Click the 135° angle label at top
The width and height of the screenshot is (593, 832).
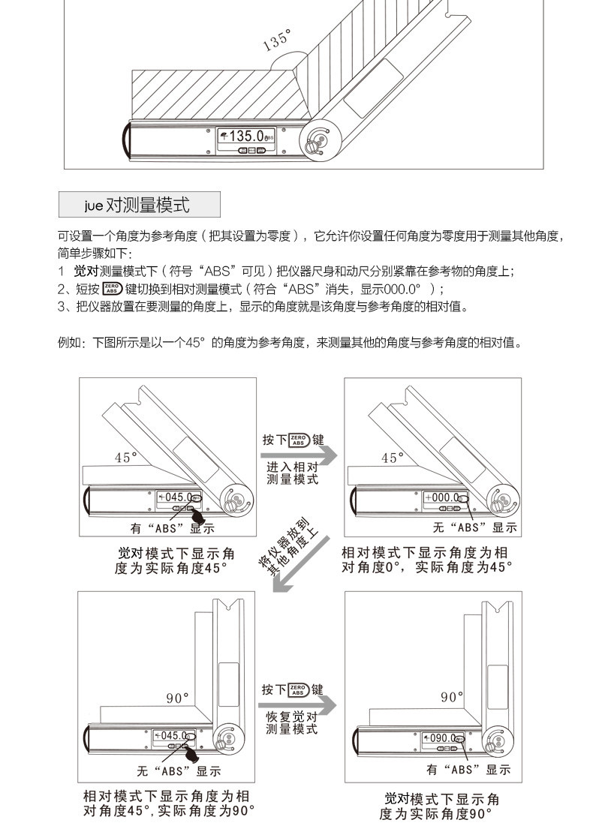[277, 41]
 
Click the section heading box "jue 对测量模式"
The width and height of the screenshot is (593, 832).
[139, 204]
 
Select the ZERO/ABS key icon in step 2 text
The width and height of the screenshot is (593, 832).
[111, 289]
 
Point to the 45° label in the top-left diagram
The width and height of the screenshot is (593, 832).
[126, 457]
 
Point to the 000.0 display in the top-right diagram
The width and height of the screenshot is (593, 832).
[443, 497]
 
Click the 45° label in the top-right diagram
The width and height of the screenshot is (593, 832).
[392, 458]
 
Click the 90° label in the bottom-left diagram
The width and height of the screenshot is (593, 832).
[178, 698]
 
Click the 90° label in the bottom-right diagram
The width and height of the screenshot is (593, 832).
[452, 697]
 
